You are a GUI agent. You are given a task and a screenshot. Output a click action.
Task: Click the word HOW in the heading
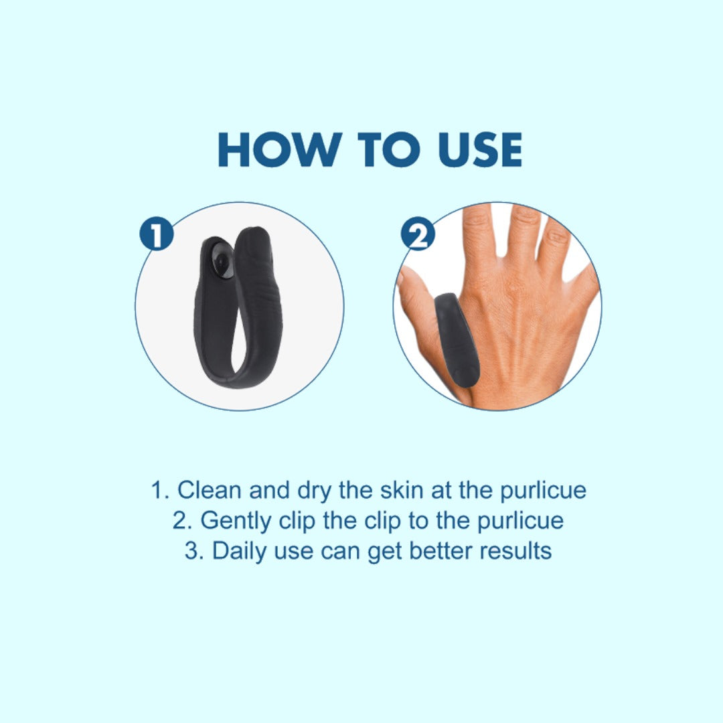(280, 149)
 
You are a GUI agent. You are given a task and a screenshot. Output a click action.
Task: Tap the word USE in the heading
(480, 149)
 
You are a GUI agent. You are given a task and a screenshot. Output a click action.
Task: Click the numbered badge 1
(157, 234)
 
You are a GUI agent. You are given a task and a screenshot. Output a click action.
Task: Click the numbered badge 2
(418, 234)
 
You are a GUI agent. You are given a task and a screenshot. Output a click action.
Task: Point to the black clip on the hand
(457, 339)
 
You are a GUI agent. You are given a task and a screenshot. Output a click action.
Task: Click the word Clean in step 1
(210, 489)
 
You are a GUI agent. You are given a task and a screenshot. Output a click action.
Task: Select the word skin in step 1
(402, 489)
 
